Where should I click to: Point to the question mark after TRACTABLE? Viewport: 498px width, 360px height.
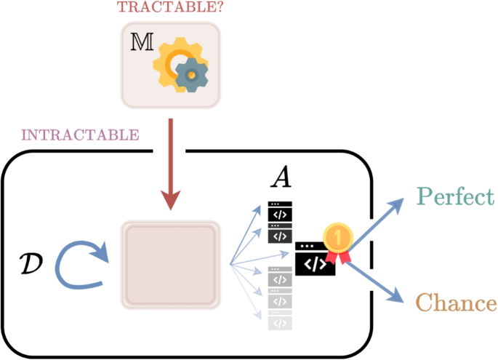206,7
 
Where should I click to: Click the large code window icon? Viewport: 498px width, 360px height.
315,260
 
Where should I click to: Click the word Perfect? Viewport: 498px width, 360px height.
455,196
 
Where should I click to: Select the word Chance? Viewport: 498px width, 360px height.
457,303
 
